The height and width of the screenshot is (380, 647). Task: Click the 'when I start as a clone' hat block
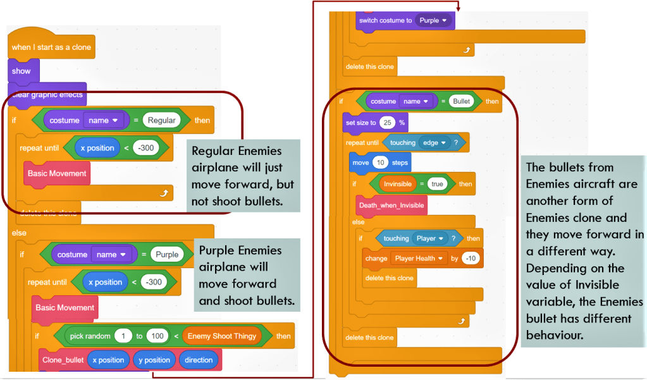click(x=51, y=47)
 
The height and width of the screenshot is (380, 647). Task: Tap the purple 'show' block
click(x=22, y=71)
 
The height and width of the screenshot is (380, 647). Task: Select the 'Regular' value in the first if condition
click(x=161, y=120)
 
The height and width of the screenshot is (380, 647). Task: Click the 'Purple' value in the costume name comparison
click(x=165, y=254)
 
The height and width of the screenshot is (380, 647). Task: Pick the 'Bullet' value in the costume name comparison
click(x=462, y=101)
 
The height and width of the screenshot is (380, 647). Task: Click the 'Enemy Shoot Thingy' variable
click(x=222, y=336)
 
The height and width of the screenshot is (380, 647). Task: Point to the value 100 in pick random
click(x=157, y=336)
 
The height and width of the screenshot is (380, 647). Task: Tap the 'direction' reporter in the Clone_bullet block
click(x=199, y=360)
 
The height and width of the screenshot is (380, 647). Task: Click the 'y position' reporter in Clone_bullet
click(x=153, y=360)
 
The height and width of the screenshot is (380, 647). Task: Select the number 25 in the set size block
click(x=388, y=123)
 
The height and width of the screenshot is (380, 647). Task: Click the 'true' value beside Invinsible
click(x=436, y=183)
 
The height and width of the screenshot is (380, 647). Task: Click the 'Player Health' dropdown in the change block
click(x=419, y=258)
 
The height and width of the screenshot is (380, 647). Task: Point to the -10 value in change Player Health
click(x=470, y=258)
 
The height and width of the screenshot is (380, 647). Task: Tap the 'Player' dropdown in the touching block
click(x=429, y=238)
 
